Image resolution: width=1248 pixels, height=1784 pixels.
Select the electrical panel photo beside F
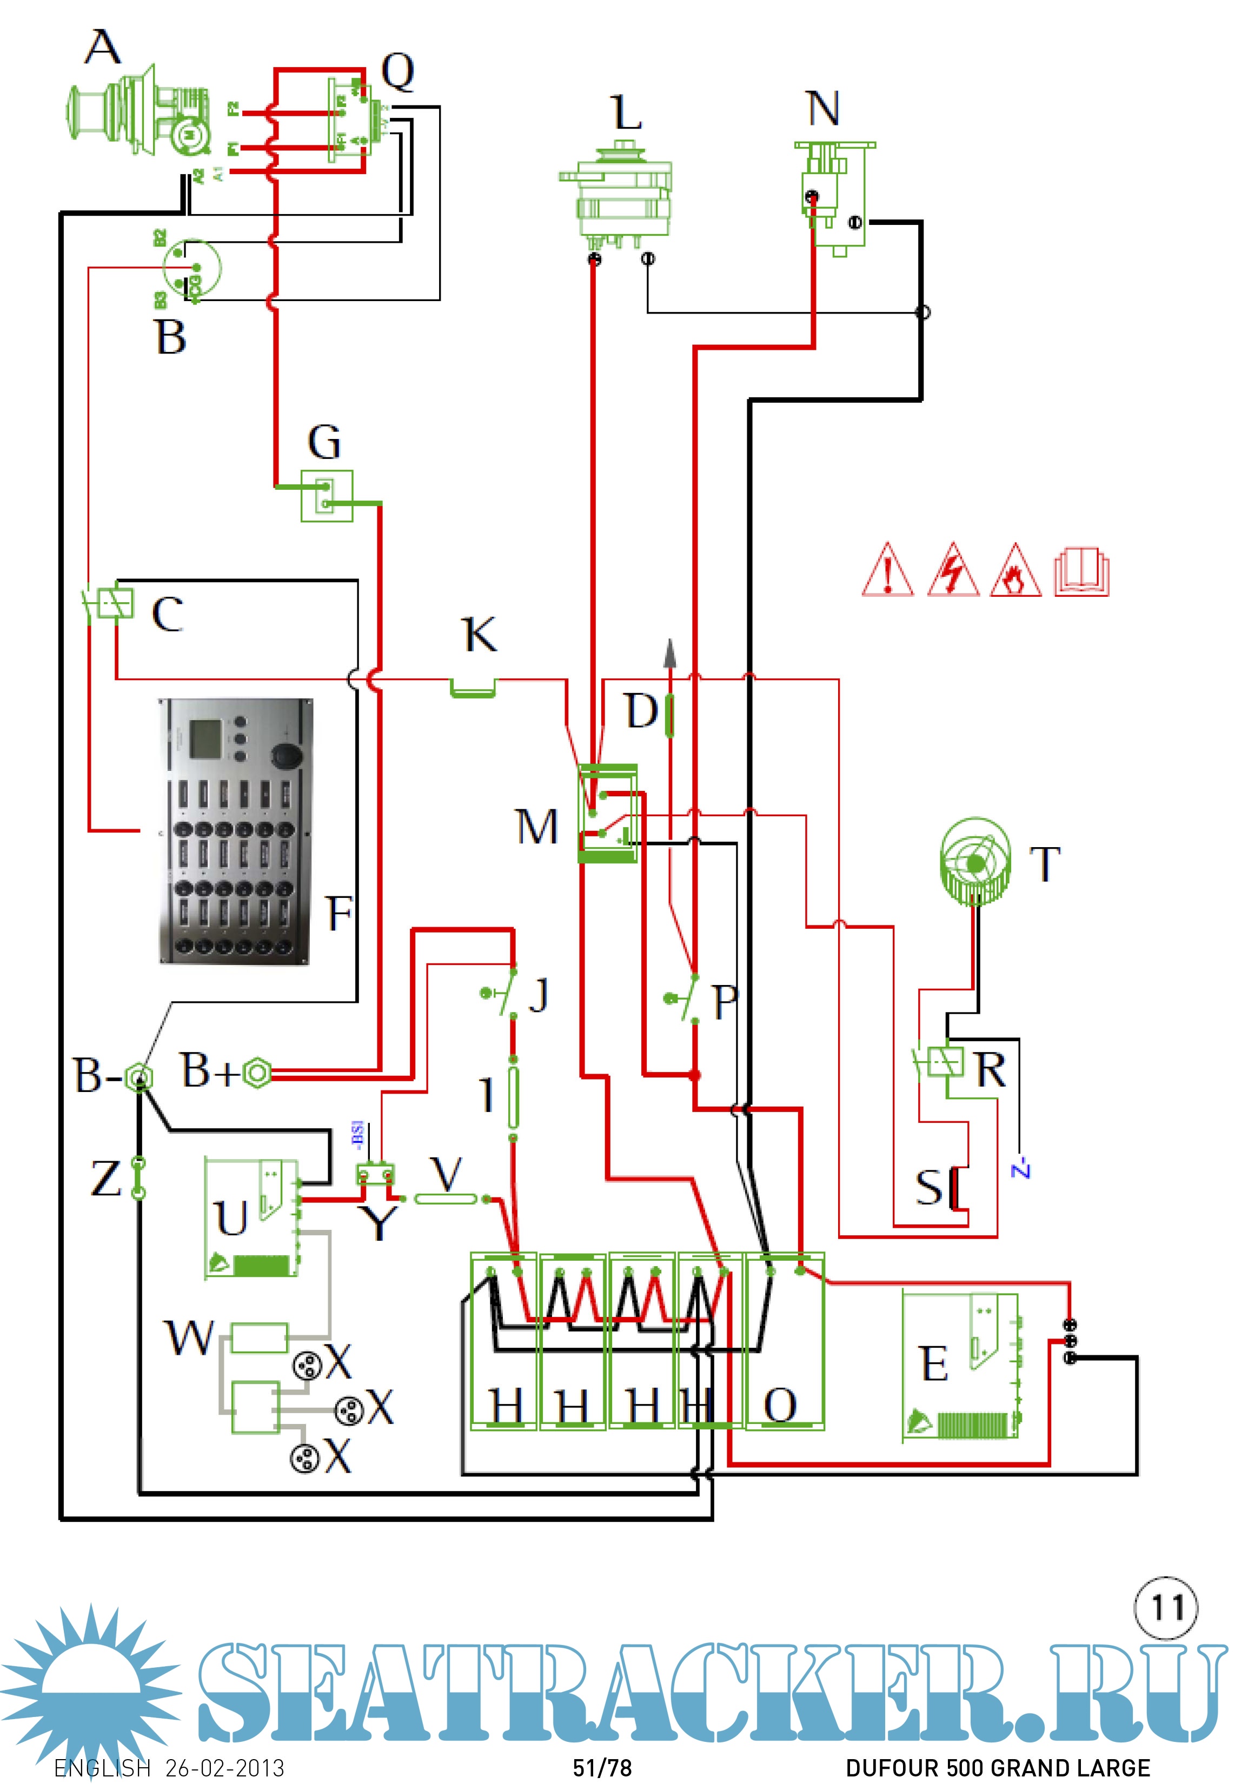[236, 831]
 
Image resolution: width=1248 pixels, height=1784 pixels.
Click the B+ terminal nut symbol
[256, 1073]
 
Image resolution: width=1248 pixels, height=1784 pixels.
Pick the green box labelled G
[327, 496]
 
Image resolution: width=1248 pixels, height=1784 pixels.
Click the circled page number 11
[1166, 1607]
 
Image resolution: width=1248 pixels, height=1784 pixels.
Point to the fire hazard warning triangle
[1015, 571]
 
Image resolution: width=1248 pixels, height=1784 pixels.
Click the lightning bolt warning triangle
[953, 571]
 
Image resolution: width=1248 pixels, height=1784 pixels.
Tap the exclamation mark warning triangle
[887, 571]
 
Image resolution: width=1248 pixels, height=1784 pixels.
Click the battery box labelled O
[785, 1340]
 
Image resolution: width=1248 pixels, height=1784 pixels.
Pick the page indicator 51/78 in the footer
[602, 1768]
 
